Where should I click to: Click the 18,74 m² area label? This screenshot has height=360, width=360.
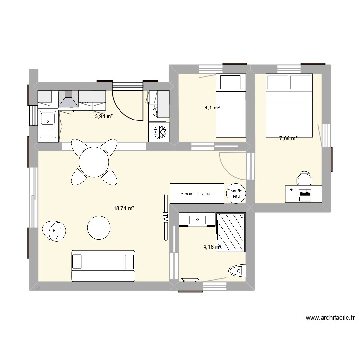pos(123,208)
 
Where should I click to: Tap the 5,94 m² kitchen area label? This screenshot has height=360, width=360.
pos(104,116)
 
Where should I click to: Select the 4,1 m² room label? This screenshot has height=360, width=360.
pos(212,108)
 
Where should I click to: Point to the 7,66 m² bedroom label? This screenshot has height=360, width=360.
pos(288,138)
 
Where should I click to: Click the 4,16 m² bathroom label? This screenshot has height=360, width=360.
pos(212,247)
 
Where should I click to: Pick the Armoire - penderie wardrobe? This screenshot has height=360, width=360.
pos(197,193)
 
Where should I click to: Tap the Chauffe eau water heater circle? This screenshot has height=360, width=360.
pos(236,192)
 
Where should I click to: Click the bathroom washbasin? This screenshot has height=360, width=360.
pos(197,219)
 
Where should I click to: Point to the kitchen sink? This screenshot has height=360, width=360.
pos(48,124)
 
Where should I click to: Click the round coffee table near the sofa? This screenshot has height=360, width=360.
pos(99,227)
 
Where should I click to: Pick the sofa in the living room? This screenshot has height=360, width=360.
pos(103,265)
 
